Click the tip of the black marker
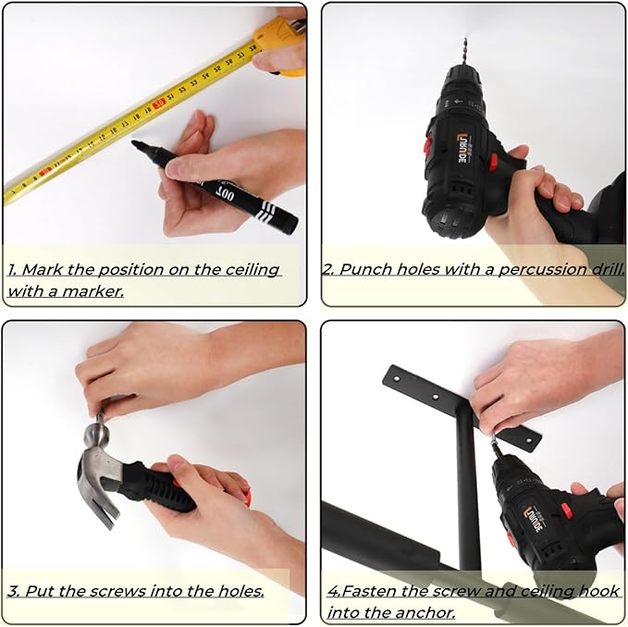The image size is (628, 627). click(x=133, y=143)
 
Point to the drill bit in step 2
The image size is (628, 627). click(x=465, y=52)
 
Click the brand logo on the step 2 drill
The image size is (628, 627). click(x=465, y=149)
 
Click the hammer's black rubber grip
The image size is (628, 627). click(x=160, y=486)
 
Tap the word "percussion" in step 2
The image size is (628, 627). click(x=544, y=269)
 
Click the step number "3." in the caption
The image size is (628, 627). click(x=14, y=591)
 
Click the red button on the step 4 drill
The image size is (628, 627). click(x=567, y=510)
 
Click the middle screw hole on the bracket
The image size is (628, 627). click(x=436, y=397)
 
